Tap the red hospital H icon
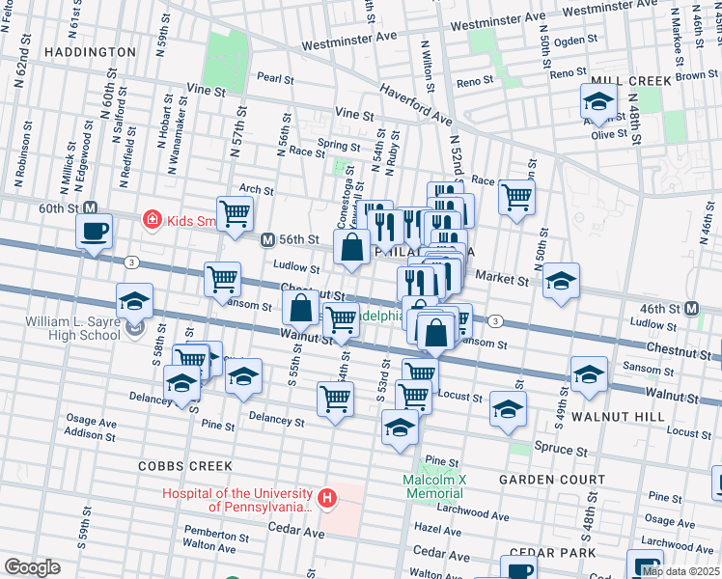[328, 499]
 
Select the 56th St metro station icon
[267, 239]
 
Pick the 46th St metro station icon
[690, 309]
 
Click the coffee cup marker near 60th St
[95, 232]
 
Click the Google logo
[33, 567]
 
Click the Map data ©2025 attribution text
[680, 571]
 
